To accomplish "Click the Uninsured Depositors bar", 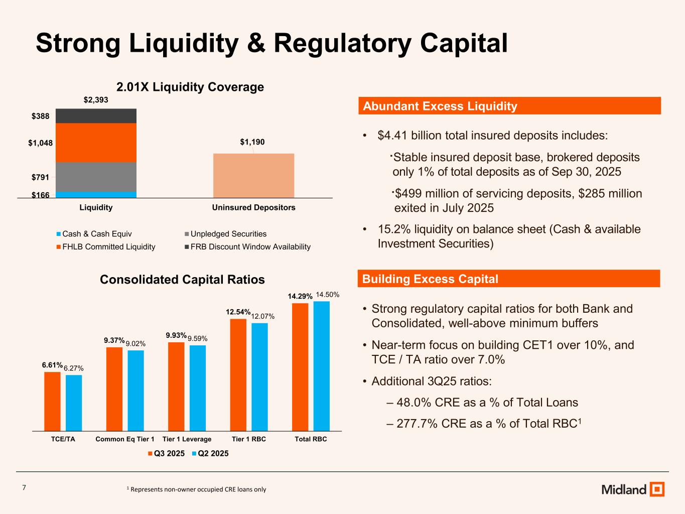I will [253, 175].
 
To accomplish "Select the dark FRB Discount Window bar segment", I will [96, 116].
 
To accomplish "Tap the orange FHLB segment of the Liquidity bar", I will [96, 143].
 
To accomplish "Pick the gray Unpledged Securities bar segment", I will [96, 177].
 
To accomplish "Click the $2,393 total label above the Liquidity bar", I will [96, 100].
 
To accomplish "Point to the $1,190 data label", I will [252, 143].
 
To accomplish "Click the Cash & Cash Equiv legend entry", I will [94, 234].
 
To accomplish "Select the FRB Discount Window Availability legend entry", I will [246, 247].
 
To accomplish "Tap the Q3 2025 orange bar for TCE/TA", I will [52, 401].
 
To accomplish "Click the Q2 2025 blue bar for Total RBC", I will [321, 366].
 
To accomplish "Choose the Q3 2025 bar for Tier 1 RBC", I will [238, 375].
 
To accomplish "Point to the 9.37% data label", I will [114, 340].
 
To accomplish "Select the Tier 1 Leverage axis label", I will [187, 439].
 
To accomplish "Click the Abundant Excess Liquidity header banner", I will [509, 106].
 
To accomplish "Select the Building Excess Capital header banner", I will [509, 279].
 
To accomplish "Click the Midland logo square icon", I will [656, 489].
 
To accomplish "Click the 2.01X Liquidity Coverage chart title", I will [190, 87].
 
